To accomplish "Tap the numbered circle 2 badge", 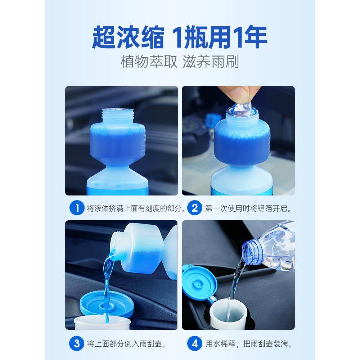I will point(195,208).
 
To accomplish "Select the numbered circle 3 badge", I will point(77,343).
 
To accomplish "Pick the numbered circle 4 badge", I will point(195,343).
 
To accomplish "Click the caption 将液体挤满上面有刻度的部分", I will point(136,209).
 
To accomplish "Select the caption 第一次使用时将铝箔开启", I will point(248,209).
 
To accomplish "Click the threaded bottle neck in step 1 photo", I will point(118,115).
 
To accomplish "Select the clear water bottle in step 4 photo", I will point(274,248).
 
